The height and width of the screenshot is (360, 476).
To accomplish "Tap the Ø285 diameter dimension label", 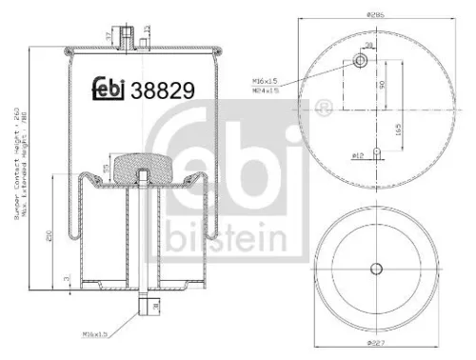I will tap(375, 14).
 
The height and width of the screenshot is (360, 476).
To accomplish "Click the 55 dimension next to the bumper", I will tap(108, 169).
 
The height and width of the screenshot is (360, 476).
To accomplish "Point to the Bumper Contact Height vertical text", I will tap(16, 162).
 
